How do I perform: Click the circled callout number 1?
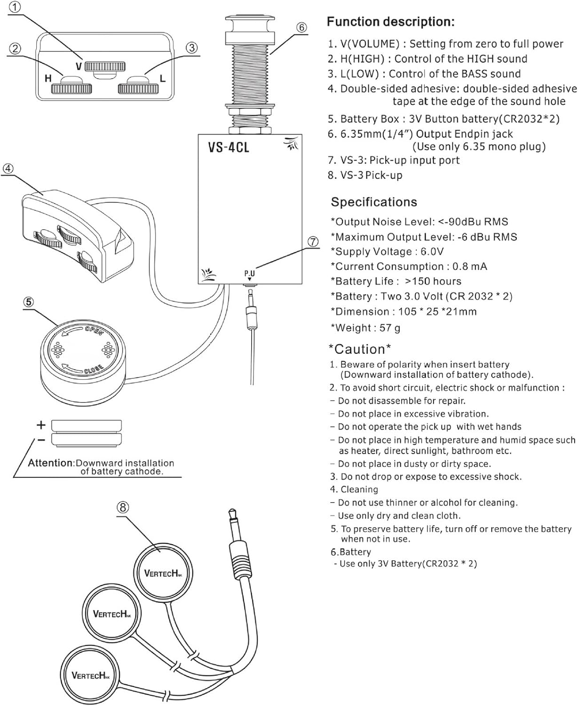pyautogui.click(x=16, y=7)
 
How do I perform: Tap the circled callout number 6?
pyautogui.click(x=301, y=28)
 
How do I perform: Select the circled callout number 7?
pyautogui.click(x=313, y=241)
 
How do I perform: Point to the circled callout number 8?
pyautogui.click(x=122, y=507)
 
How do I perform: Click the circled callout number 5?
pyautogui.click(x=29, y=302)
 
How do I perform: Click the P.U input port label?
pyautogui.click(x=249, y=273)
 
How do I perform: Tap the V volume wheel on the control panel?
pyautogui.click(x=105, y=65)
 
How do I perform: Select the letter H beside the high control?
pyautogui.click(x=48, y=79)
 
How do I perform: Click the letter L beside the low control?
pyautogui.click(x=163, y=79)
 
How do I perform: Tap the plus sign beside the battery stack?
pyautogui.click(x=41, y=425)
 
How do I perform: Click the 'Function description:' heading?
pyautogui.click(x=390, y=22)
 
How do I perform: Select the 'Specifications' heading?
pyautogui.click(x=374, y=202)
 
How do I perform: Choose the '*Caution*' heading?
pyautogui.click(x=359, y=349)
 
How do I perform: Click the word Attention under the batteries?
pyautogui.click(x=50, y=463)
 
